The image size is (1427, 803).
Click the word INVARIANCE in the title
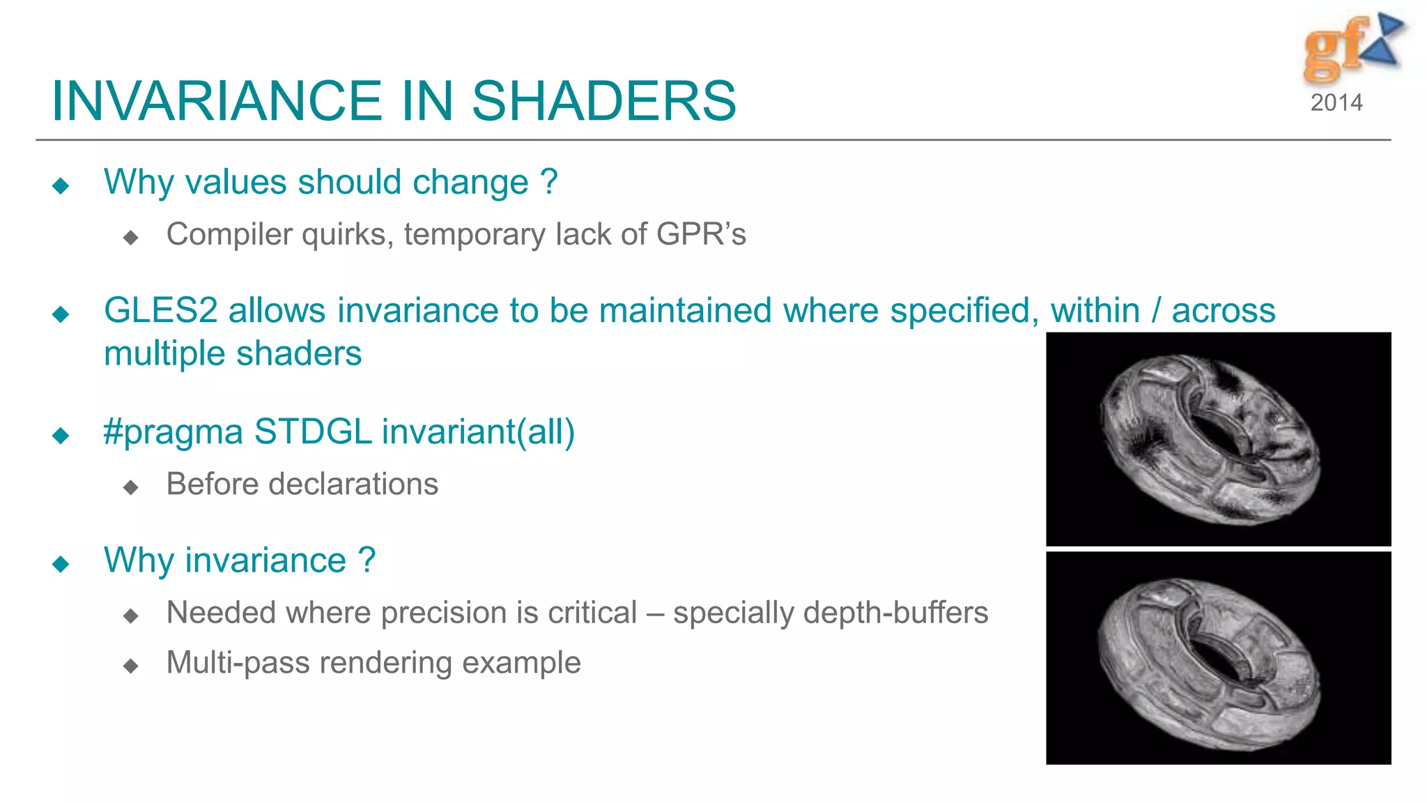coord(217,101)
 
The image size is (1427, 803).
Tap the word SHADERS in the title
coord(603,101)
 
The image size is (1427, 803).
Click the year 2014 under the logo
coord(1336,103)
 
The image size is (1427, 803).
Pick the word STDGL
coord(313,432)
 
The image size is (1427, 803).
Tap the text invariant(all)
coord(478,432)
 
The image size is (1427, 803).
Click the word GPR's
coord(700,234)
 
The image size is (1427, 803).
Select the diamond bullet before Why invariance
coord(61,564)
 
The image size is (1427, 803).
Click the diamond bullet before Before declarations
coord(130,487)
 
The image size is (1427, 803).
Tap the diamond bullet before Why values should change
coord(61,185)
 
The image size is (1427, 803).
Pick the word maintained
coord(686,311)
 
